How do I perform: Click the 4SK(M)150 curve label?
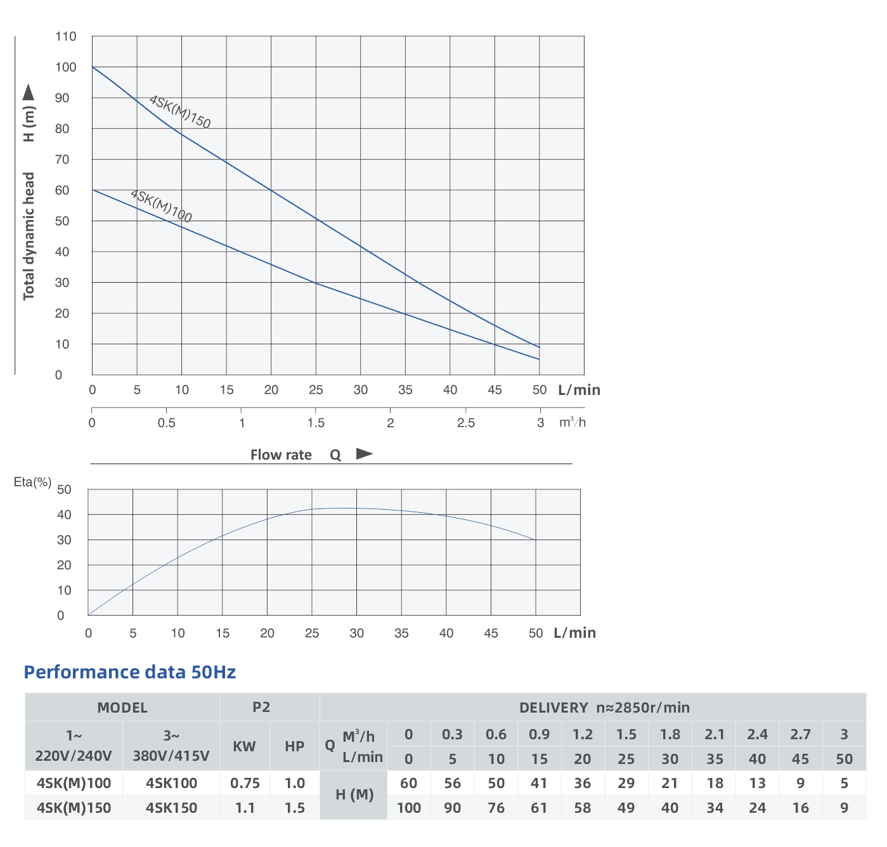(179, 112)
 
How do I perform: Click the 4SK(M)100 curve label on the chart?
(161, 206)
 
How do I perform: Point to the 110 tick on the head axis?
(65, 37)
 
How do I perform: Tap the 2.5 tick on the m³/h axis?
(465, 423)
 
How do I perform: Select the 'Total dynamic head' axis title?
(29, 236)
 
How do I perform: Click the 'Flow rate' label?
(281, 455)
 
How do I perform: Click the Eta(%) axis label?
(32, 482)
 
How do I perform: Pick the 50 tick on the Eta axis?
(64, 489)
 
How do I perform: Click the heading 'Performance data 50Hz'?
(129, 672)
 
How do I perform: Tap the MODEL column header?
(122, 708)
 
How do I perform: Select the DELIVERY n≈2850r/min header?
(604, 708)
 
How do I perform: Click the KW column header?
(244, 746)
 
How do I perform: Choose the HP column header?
(295, 746)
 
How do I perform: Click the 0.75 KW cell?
(245, 783)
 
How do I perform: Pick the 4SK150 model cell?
(171, 808)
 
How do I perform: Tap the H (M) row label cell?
(354, 795)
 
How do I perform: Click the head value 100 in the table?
(409, 808)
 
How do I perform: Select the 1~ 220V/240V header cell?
(74, 746)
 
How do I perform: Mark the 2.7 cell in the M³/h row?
(800, 734)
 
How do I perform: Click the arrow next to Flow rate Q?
(364, 454)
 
